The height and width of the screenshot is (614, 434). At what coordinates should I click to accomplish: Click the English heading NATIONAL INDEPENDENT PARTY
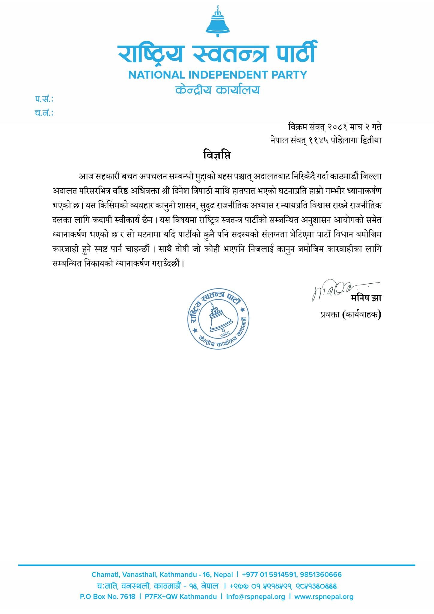pyautogui.click(x=218, y=74)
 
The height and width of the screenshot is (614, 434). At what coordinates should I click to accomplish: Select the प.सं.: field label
pyautogui.click(x=44, y=99)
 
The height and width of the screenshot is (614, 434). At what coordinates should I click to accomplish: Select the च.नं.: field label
pyautogui.click(x=44, y=113)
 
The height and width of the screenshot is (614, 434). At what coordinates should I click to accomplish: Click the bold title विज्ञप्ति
pyautogui.click(x=217, y=156)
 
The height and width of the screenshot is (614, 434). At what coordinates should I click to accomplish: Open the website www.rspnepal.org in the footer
pyautogui.click(x=324, y=597)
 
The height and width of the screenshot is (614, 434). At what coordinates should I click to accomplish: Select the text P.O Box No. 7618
pyautogui.click(x=108, y=597)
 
